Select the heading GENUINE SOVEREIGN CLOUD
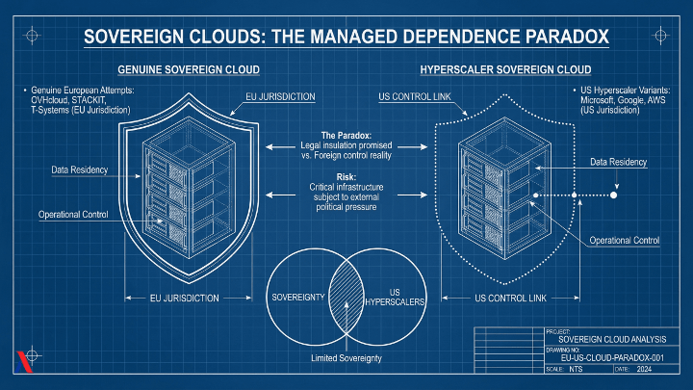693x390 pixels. tap(188, 71)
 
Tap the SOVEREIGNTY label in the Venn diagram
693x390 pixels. tap(299, 295)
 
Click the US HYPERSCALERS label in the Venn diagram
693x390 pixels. tap(393, 299)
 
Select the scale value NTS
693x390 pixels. tap(576, 370)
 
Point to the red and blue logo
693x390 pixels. tap(24, 363)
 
